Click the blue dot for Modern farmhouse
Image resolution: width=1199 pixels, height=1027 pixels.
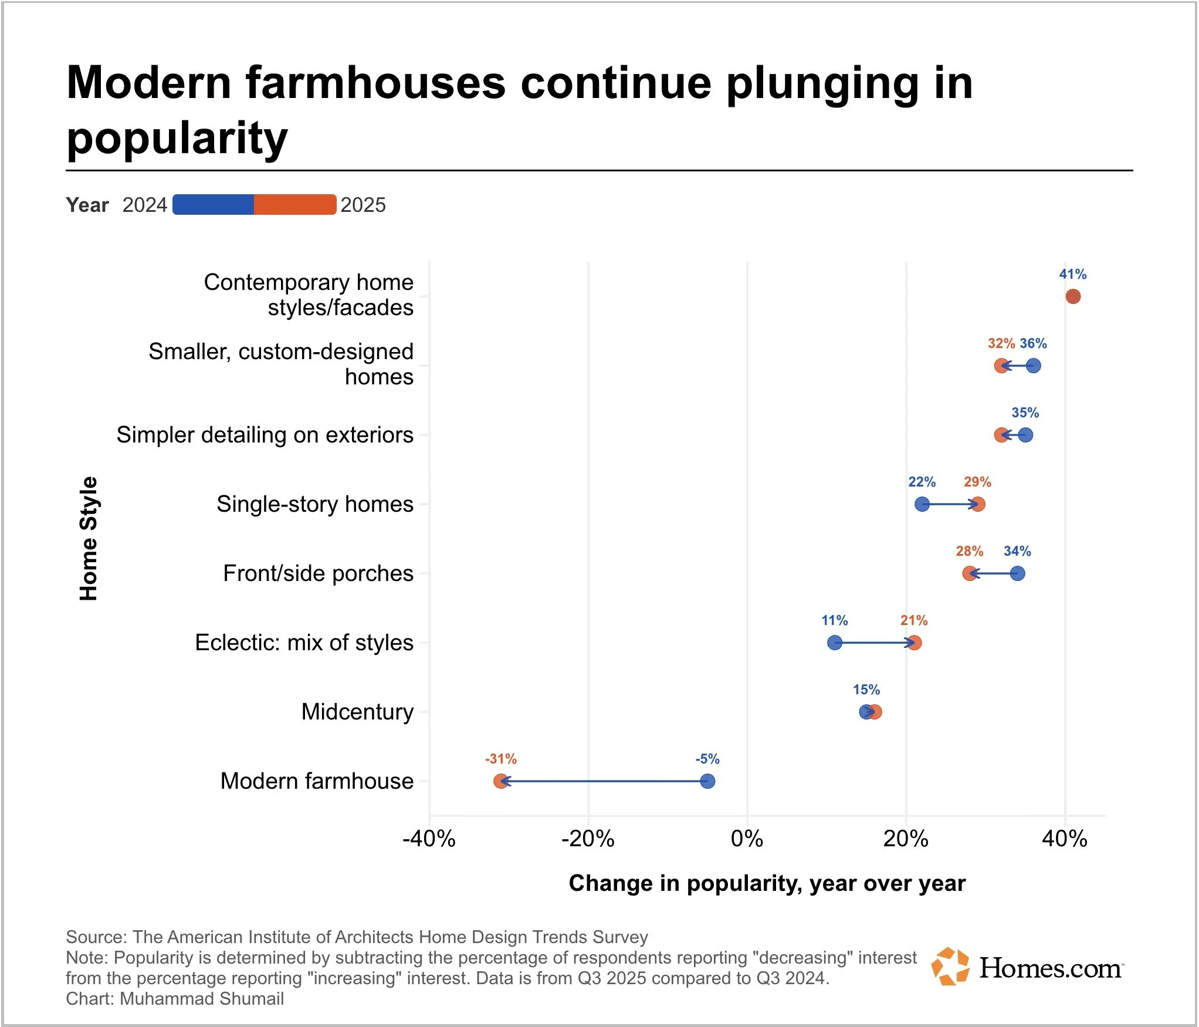[707, 781]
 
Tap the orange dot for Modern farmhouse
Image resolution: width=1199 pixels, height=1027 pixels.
[500, 781]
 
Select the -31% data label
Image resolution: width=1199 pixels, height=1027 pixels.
[500, 759]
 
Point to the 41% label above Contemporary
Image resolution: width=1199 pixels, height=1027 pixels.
[1072, 274]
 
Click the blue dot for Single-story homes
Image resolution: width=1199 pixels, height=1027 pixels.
[922, 504]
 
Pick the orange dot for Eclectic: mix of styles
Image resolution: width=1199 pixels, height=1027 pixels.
[914, 643]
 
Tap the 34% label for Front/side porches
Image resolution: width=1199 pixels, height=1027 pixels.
[1017, 551]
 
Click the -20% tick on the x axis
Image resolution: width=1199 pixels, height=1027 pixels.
[588, 839]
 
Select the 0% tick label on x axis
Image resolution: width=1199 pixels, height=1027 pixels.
[747, 839]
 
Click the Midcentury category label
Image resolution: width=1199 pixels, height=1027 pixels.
[357, 712]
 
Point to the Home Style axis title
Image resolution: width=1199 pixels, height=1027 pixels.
[89, 538]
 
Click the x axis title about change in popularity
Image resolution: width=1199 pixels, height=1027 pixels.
[767, 883]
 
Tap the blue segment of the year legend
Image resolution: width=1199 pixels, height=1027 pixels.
[214, 204]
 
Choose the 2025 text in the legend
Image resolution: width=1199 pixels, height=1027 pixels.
[363, 205]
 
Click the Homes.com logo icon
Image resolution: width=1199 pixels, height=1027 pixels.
[950, 967]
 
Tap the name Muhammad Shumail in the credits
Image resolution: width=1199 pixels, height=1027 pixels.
[202, 998]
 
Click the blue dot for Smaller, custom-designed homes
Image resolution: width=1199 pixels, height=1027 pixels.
[1034, 366]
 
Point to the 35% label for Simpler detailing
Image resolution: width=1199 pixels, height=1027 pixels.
[1025, 413]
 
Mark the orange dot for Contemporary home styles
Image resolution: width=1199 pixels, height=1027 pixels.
[1072, 296]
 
